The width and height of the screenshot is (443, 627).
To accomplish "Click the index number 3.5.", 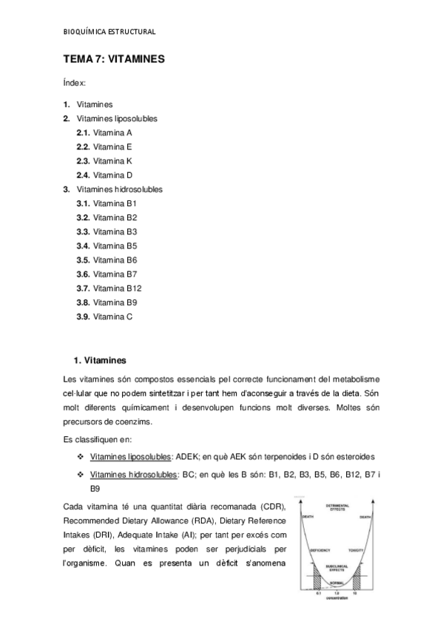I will pyautogui.click(x=83, y=260).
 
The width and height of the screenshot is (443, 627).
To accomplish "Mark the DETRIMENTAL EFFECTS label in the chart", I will pyautogui.click(x=337, y=507).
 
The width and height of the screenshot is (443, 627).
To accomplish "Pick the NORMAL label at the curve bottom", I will pyautogui.click(x=337, y=583).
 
